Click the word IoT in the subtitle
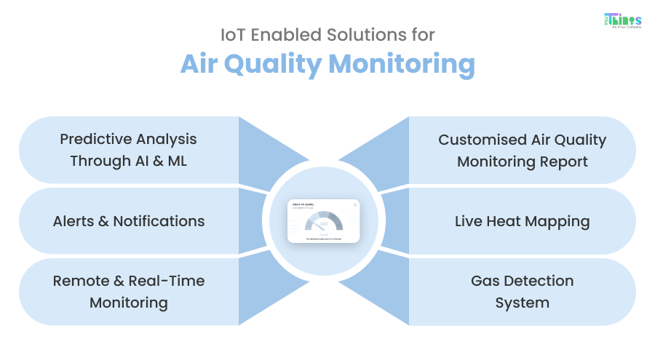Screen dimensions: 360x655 click(x=231, y=33)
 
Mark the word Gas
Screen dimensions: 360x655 click(x=486, y=281)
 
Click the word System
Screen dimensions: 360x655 click(x=522, y=303)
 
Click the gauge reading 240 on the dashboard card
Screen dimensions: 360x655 click(x=323, y=224)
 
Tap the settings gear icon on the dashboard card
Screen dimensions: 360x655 click(x=354, y=205)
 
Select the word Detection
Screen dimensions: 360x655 click(x=540, y=281)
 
